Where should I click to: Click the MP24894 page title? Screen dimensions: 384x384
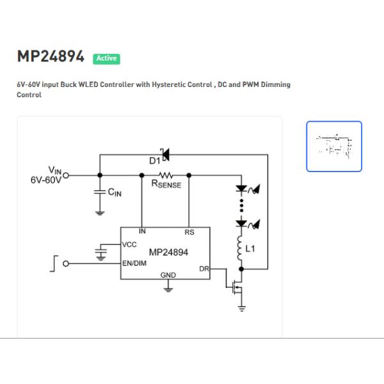(x=51, y=57)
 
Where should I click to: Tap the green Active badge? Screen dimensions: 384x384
(x=106, y=58)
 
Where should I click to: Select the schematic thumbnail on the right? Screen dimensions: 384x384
(x=334, y=147)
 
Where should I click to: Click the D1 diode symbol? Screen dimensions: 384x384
(x=164, y=154)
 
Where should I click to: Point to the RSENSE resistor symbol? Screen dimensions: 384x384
(x=166, y=174)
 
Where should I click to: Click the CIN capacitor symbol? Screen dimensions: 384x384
(x=99, y=191)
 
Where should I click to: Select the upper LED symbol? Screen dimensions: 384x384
(x=243, y=189)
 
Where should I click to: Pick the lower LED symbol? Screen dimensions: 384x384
(x=243, y=224)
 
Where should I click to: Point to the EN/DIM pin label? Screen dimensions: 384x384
(x=135, y=262)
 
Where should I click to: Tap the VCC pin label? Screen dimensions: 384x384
(x=129, y=244)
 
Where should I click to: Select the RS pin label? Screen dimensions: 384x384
(x=189, y=232)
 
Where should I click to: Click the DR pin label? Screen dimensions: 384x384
(x=204, y=269)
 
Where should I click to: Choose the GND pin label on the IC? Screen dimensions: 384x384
(x=168, y=275)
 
